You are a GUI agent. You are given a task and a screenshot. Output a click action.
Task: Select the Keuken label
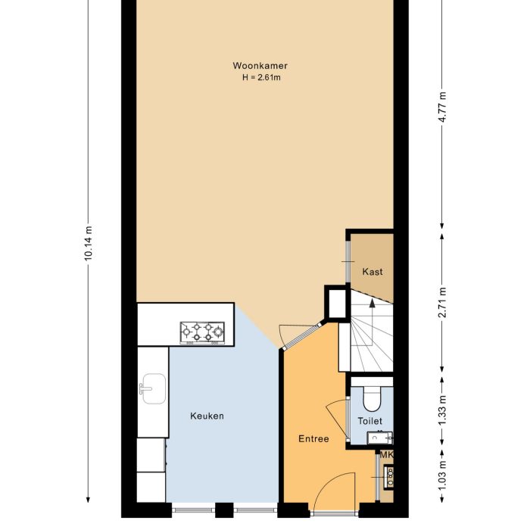point(207,416)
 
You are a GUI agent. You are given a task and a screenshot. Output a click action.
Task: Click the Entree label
point(313,438)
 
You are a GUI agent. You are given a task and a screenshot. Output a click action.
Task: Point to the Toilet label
point(370,421)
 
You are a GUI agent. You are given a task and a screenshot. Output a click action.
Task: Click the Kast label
point(372,272)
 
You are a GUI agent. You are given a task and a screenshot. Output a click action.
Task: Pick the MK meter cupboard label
point(386,455)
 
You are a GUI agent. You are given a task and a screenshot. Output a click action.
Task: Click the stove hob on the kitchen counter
point(202,332)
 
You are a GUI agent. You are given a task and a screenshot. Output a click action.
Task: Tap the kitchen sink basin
point(153,387)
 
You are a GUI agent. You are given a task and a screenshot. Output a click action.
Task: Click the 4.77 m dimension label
point(443,111)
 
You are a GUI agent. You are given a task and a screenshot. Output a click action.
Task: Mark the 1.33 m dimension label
point(443,410)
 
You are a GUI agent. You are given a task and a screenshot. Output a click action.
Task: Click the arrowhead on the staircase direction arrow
point(371,301)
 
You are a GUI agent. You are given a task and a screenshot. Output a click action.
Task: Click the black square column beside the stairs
point(335,303)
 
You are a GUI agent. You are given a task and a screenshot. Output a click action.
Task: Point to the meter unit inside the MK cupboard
point(390,476)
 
